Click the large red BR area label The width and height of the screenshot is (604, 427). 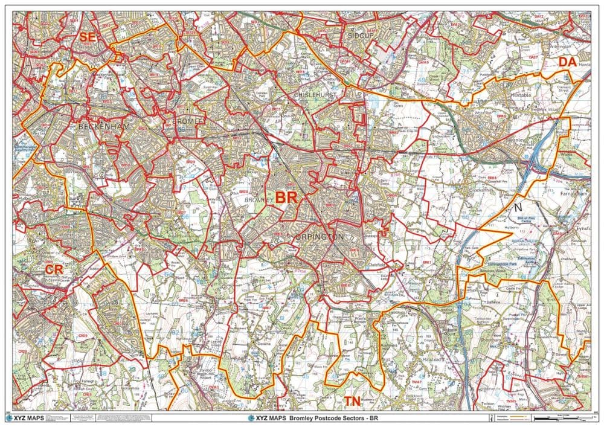point(286,198)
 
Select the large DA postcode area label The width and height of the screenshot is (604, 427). point(567,62)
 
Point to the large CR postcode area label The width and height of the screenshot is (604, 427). point(54,267)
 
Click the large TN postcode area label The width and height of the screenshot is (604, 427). point(353,401)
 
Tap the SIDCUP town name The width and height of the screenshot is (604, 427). point(361,35)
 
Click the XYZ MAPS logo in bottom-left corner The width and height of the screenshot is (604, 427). point(24,417)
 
